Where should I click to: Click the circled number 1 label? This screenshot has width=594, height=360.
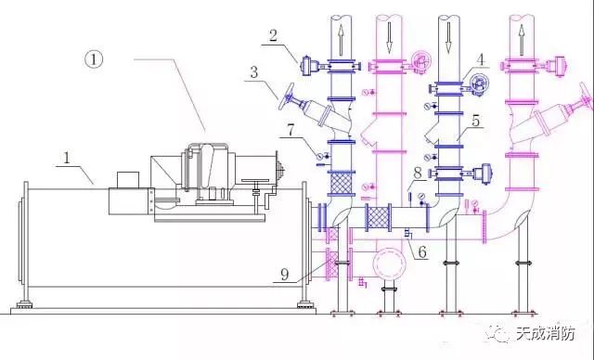pyautogui.click(x=94, y=59)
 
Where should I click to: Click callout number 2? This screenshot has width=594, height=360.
pyautogui.click(x=273, y=35)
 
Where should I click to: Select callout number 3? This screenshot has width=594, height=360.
pyautogui.click(x=253, y=71)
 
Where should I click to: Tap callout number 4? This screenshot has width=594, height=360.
pyautogui.click(x=481, y=59)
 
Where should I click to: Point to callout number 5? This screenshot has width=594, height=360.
pyautogui.click(x=475, y=121)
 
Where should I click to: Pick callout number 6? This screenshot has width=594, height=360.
pyautogui.click(x=422, y=251)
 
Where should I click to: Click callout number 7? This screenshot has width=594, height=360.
pyautogui.click(x=291, y=130)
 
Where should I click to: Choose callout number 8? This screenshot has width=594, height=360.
pyautogui.click(x=418, y=173)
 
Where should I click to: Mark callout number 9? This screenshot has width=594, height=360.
pyautogui.click(x=285, y=274)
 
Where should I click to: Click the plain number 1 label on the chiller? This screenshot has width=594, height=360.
pyautogui.click(x=67, y=158)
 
